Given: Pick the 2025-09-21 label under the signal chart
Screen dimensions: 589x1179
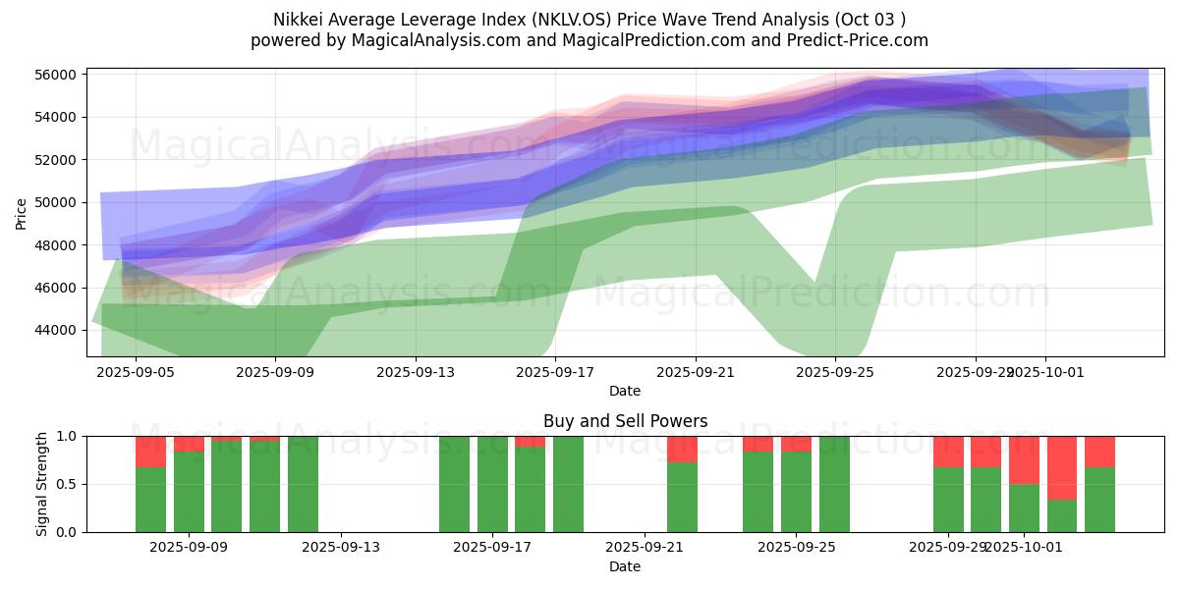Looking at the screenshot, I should [x=644, y=548].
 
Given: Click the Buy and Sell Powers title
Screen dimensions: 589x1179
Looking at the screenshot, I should [x=625, y=421].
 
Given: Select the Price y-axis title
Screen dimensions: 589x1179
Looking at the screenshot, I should [x=22, y=212].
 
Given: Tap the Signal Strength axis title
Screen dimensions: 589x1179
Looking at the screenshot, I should [x=41, y=484].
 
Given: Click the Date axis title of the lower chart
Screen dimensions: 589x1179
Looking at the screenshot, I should [x=625, y=566].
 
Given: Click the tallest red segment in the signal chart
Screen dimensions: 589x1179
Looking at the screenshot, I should [x=1062, y=467].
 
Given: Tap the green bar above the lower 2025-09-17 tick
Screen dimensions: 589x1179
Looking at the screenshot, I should [x=492, y=484].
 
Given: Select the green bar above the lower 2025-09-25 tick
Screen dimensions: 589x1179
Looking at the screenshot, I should [x=796, y=491].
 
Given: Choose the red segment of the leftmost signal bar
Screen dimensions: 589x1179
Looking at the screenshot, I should [x=150, y=452].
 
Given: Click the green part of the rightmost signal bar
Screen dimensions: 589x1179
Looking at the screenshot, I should [x=1099, y=500].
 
